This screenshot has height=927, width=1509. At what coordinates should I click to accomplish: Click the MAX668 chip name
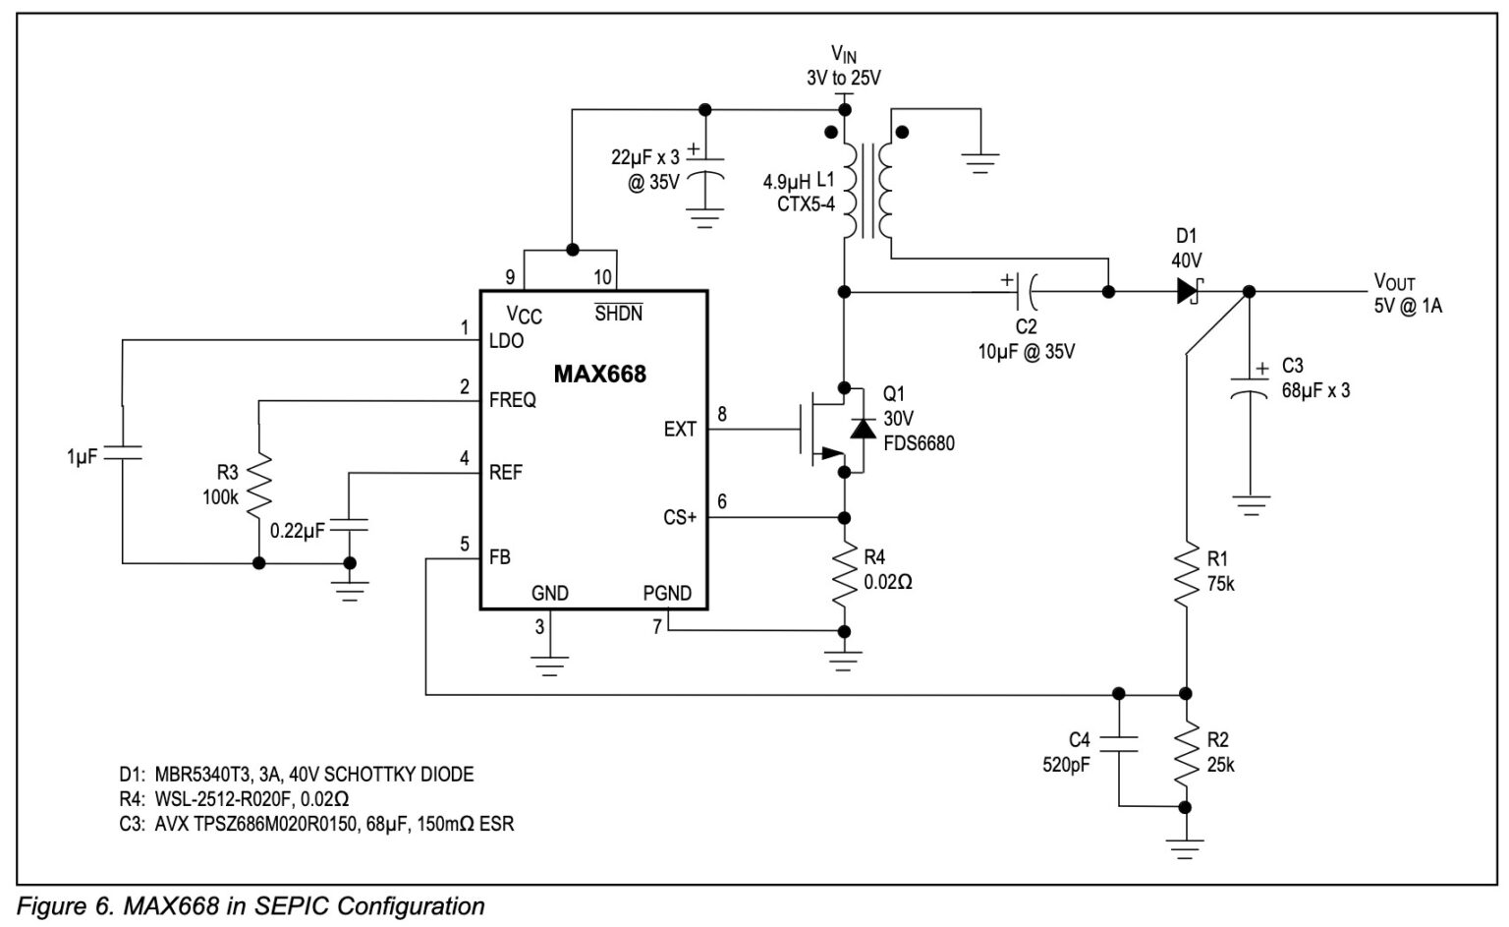(x=599, y=375)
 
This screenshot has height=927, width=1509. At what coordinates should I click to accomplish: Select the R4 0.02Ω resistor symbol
(x=843, y=577)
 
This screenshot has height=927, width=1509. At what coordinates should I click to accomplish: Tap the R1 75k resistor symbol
(x=1187, y=575)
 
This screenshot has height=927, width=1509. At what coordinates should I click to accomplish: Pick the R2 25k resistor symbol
(x=1187, y=751)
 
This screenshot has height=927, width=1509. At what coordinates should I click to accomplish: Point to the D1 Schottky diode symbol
(x=1189, y=291)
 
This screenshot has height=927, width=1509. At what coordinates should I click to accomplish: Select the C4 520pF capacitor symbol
(x=1118, y=743)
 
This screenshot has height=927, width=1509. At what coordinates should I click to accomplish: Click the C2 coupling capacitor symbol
(x=1026, y=291)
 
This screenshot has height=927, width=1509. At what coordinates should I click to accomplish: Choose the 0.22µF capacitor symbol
(x=350, y=525)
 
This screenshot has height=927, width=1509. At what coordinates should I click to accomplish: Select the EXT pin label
(x=680, y=430)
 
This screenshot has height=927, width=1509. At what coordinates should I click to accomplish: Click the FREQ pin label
(x=513, y=400)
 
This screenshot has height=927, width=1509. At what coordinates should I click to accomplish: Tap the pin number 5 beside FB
(x=465, y=544)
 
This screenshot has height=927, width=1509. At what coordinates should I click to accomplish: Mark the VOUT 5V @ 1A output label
(x=1407, y=294)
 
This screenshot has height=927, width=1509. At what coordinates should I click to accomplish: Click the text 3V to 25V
(x=843, y=78)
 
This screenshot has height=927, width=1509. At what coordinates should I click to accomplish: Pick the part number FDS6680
(x=918, y=443)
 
